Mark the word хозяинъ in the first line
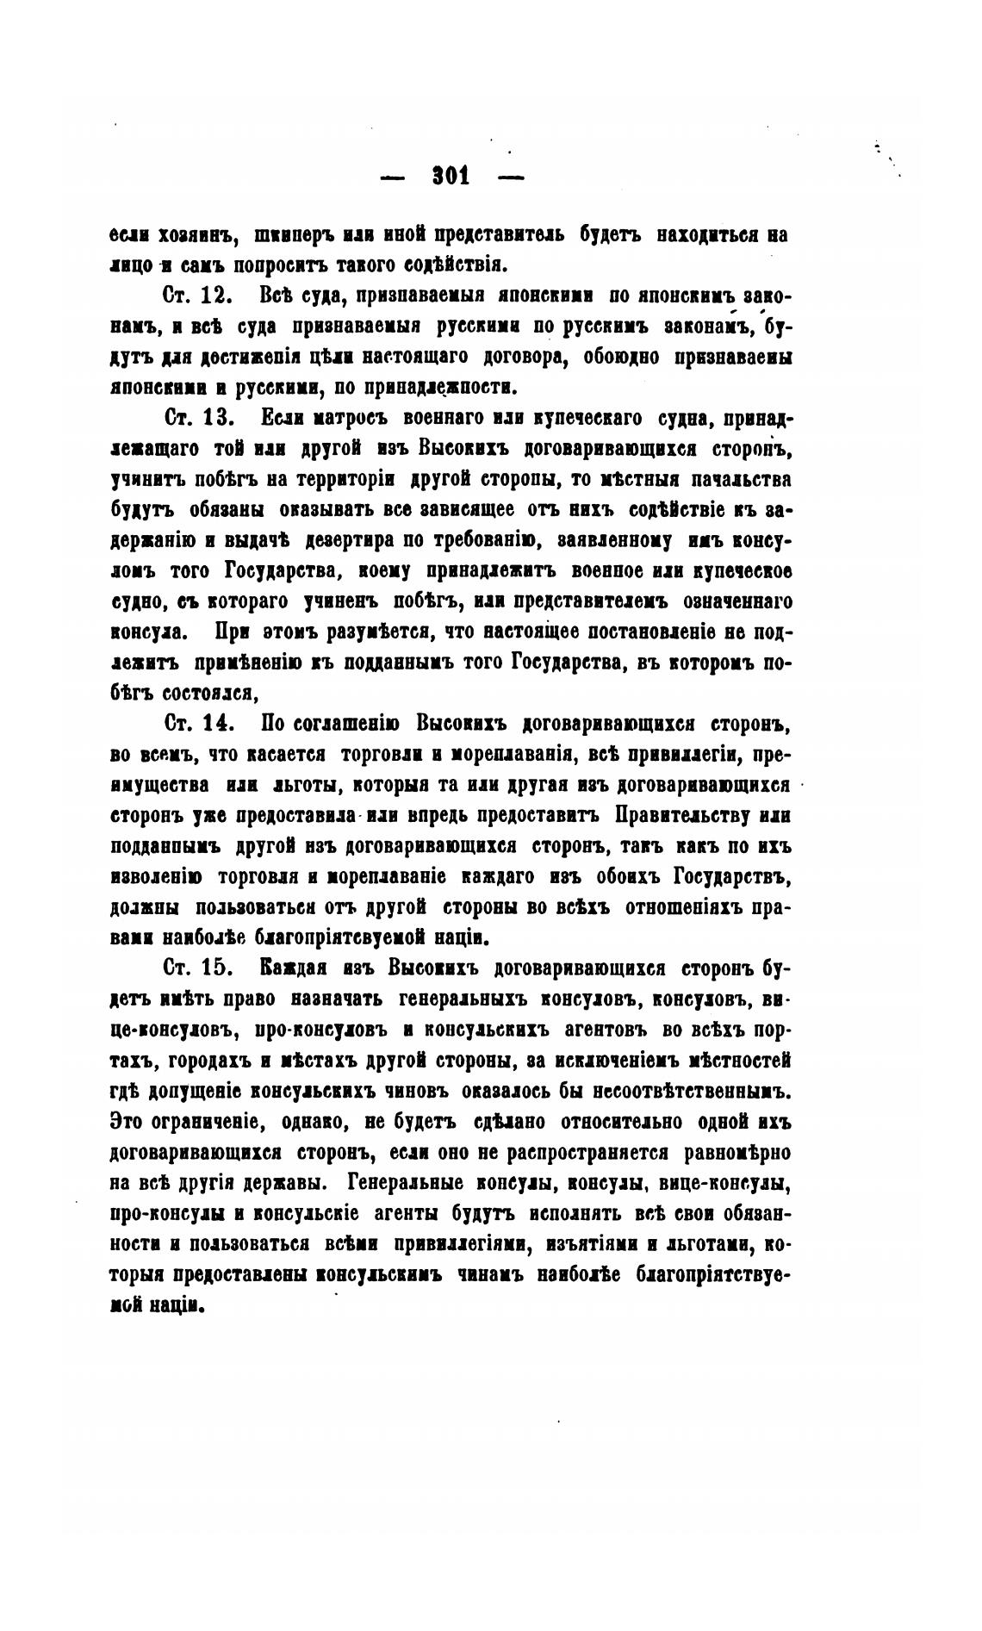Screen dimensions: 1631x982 tap(194, 233)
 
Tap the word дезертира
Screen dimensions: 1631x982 tap(348, 540)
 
